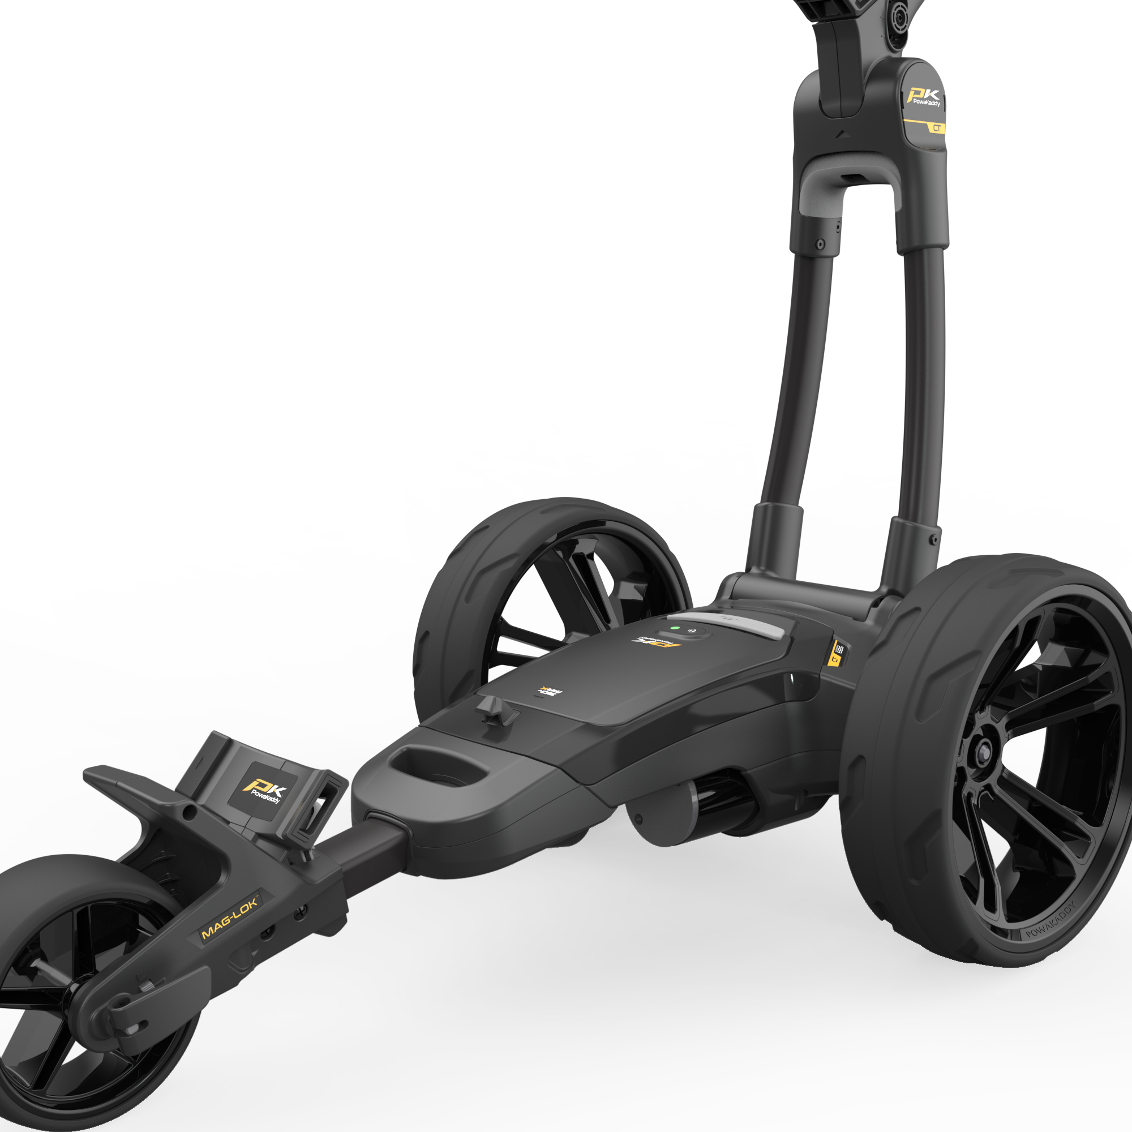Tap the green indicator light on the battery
675,628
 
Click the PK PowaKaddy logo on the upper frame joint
923,97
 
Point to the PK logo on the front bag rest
264,794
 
